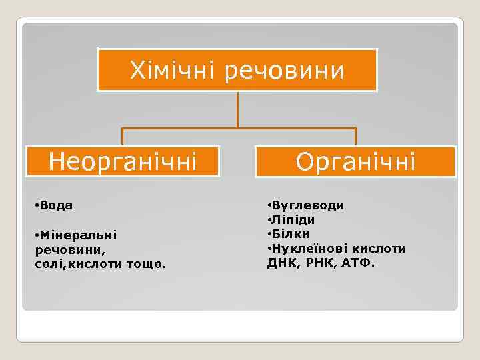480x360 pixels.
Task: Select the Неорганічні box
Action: [123, 161]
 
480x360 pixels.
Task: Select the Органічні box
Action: [355, 161]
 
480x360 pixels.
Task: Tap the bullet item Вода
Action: [56, 205]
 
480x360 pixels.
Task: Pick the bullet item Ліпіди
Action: [293, 220]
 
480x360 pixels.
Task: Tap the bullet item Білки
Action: [290, 234]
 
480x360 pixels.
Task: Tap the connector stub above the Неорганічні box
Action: [123, 137]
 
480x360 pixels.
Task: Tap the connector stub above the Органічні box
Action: [355, 137]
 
